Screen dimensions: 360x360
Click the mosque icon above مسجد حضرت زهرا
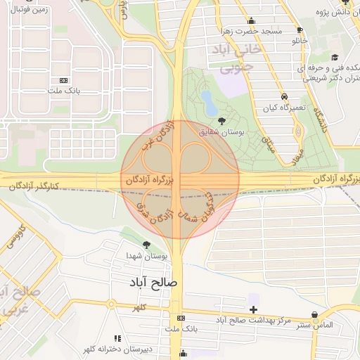click(252, 21)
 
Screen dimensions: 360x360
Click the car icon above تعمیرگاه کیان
click(283, 96)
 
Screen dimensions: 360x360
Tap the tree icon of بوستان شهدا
click(146, 245)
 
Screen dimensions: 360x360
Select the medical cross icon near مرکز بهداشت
click(253, 309)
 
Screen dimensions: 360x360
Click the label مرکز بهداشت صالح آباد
click(254, 321)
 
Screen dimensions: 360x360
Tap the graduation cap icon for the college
click(335, 57)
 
